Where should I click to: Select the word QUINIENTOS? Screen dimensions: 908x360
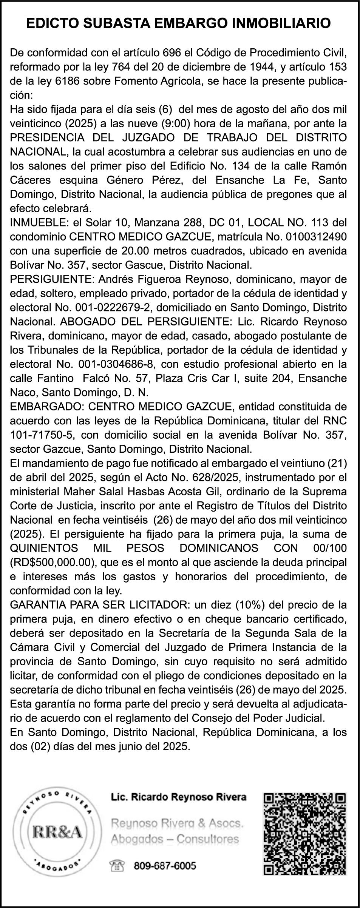(44, 548)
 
